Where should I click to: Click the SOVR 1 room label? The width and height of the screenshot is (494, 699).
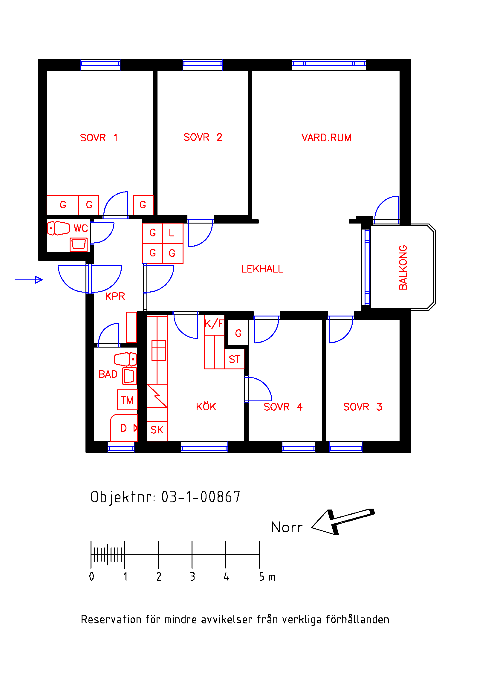99,137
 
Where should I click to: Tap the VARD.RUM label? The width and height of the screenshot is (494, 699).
326,137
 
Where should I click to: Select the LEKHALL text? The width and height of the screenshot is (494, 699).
262,269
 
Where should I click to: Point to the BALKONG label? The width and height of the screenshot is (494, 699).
403,267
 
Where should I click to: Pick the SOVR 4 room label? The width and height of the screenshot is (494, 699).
283,407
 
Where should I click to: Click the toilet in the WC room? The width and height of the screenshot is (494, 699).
59,228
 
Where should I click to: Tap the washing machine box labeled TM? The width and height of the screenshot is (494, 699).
127,400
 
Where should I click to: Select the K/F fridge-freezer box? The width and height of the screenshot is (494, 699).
214,325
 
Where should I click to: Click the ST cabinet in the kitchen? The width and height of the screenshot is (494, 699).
234,359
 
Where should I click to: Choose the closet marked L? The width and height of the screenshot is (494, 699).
173,233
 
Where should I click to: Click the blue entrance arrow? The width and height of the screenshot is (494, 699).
29,280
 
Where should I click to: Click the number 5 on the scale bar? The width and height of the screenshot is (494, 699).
262,576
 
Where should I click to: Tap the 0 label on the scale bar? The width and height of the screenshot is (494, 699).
92,576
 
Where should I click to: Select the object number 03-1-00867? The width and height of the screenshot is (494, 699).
201,497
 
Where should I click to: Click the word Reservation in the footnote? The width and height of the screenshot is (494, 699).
111,620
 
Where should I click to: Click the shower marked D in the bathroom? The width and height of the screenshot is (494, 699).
124,428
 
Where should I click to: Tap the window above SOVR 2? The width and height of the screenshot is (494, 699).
202,65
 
